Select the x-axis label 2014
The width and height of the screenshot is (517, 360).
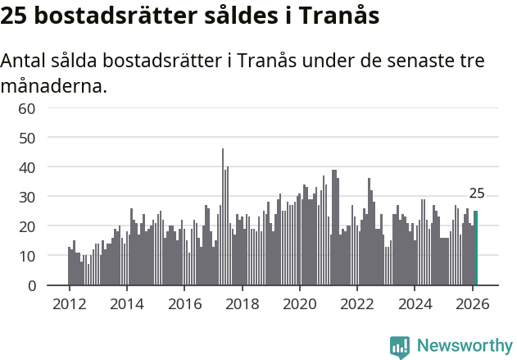coord(126,303)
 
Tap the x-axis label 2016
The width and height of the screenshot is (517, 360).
coord(184,303)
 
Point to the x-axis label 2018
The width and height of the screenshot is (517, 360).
coord(242,303)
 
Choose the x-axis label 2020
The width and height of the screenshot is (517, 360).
coord(300,303)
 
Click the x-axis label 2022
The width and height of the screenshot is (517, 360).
coord(357,303)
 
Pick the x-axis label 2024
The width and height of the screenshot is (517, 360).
coord(415,303)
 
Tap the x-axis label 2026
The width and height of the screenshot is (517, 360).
coord(473,303)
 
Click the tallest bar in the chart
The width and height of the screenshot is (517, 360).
coord(223,217)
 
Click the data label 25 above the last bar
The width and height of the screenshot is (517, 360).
coord(477,194)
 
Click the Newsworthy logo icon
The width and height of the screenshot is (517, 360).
coord(400,347)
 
